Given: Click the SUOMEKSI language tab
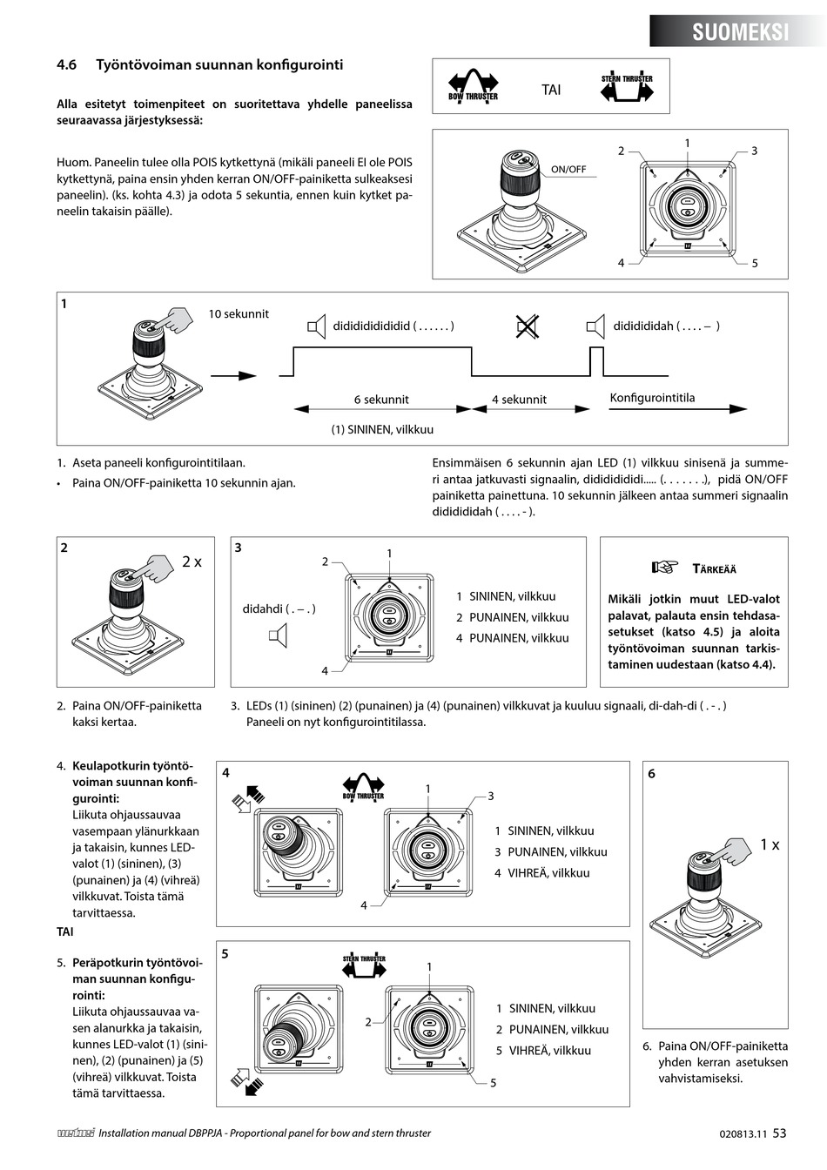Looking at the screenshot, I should coord(740,32).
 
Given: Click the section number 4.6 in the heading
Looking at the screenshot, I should coord(67,65).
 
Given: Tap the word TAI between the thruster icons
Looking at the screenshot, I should coord(551,90).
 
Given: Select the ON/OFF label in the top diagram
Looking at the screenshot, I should coord(568,169).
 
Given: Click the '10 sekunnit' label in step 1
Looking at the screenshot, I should coord(239,314).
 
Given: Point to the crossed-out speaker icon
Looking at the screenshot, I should coord(527,327).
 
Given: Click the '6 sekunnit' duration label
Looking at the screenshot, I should coord(380,400).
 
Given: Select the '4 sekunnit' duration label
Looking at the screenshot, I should coord(519,400).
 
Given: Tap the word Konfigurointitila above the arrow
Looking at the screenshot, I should coord(652,399).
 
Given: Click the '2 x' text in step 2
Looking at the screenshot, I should coord(192,562).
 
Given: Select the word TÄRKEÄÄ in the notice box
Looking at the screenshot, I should coord(714,569).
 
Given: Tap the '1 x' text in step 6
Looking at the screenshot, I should coord(770,844).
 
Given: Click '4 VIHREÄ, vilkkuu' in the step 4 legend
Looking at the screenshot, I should coord(542,873).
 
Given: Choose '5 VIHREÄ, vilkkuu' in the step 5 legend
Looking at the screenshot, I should coord(543,1051).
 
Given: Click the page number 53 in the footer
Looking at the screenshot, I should coord(779,1133).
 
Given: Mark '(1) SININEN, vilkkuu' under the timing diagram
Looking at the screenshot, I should coord(381,430).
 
